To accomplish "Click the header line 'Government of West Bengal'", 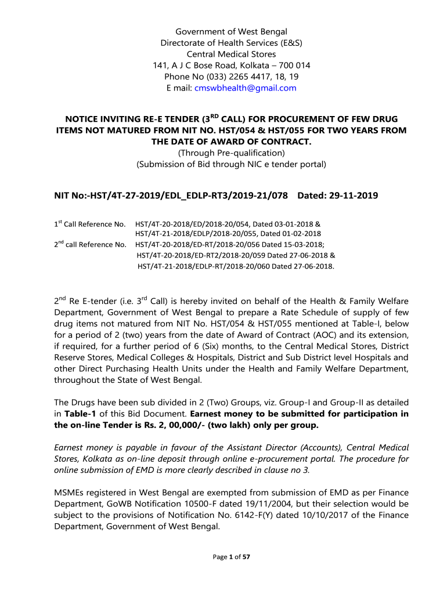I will pos(223,31).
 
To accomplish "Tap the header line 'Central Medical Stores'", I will pos(223,54).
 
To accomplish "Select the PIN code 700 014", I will pos(295,66).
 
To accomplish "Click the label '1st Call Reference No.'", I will pos(89,224).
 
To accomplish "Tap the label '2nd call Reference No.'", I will pos(89,245).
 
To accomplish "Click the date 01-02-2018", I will pos(293,234).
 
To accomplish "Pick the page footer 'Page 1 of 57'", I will pos(231,557).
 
